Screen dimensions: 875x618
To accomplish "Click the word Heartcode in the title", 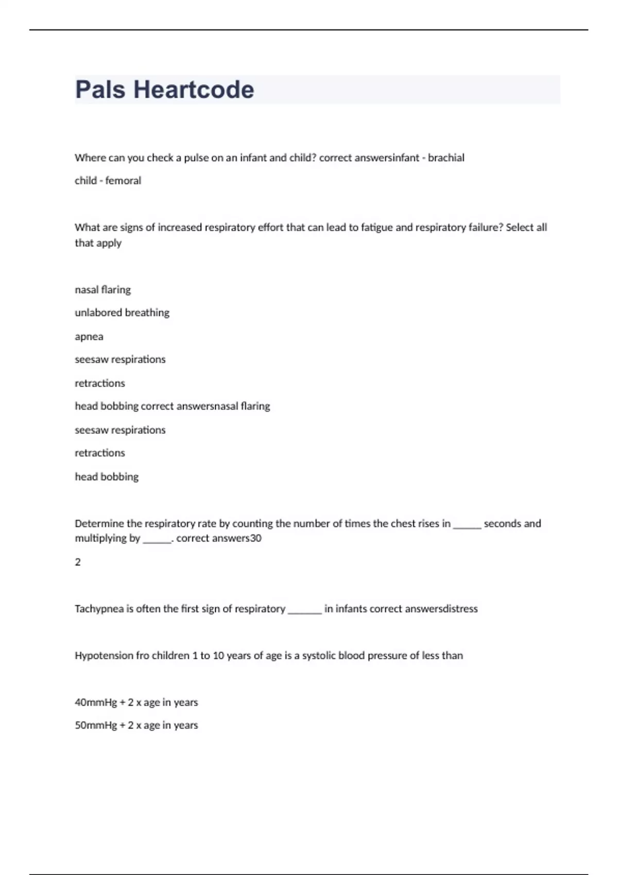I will click(194, 90).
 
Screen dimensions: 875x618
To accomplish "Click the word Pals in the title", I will click(100, 90).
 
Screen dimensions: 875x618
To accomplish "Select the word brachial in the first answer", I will click(446, 158).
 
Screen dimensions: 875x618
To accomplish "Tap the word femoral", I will click(123, 181).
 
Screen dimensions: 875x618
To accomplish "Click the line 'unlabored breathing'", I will click(122, 313).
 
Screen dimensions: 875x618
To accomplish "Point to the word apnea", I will click(89, 337).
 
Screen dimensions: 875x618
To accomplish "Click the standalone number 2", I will click(78, 562).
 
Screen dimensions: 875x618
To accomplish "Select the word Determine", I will click(99, 524).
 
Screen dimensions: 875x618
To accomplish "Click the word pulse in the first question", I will click(196, 158).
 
